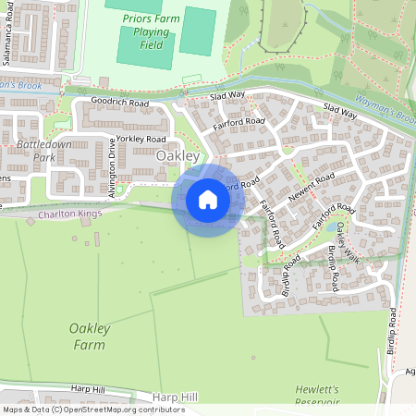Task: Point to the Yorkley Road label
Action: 142,139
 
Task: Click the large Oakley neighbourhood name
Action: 178,156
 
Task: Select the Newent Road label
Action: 311,189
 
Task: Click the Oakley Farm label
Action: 90,336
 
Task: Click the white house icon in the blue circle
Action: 207,200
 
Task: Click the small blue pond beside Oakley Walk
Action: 331,226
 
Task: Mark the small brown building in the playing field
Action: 191,78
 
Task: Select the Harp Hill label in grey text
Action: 177,397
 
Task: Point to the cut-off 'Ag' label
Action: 410,373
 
